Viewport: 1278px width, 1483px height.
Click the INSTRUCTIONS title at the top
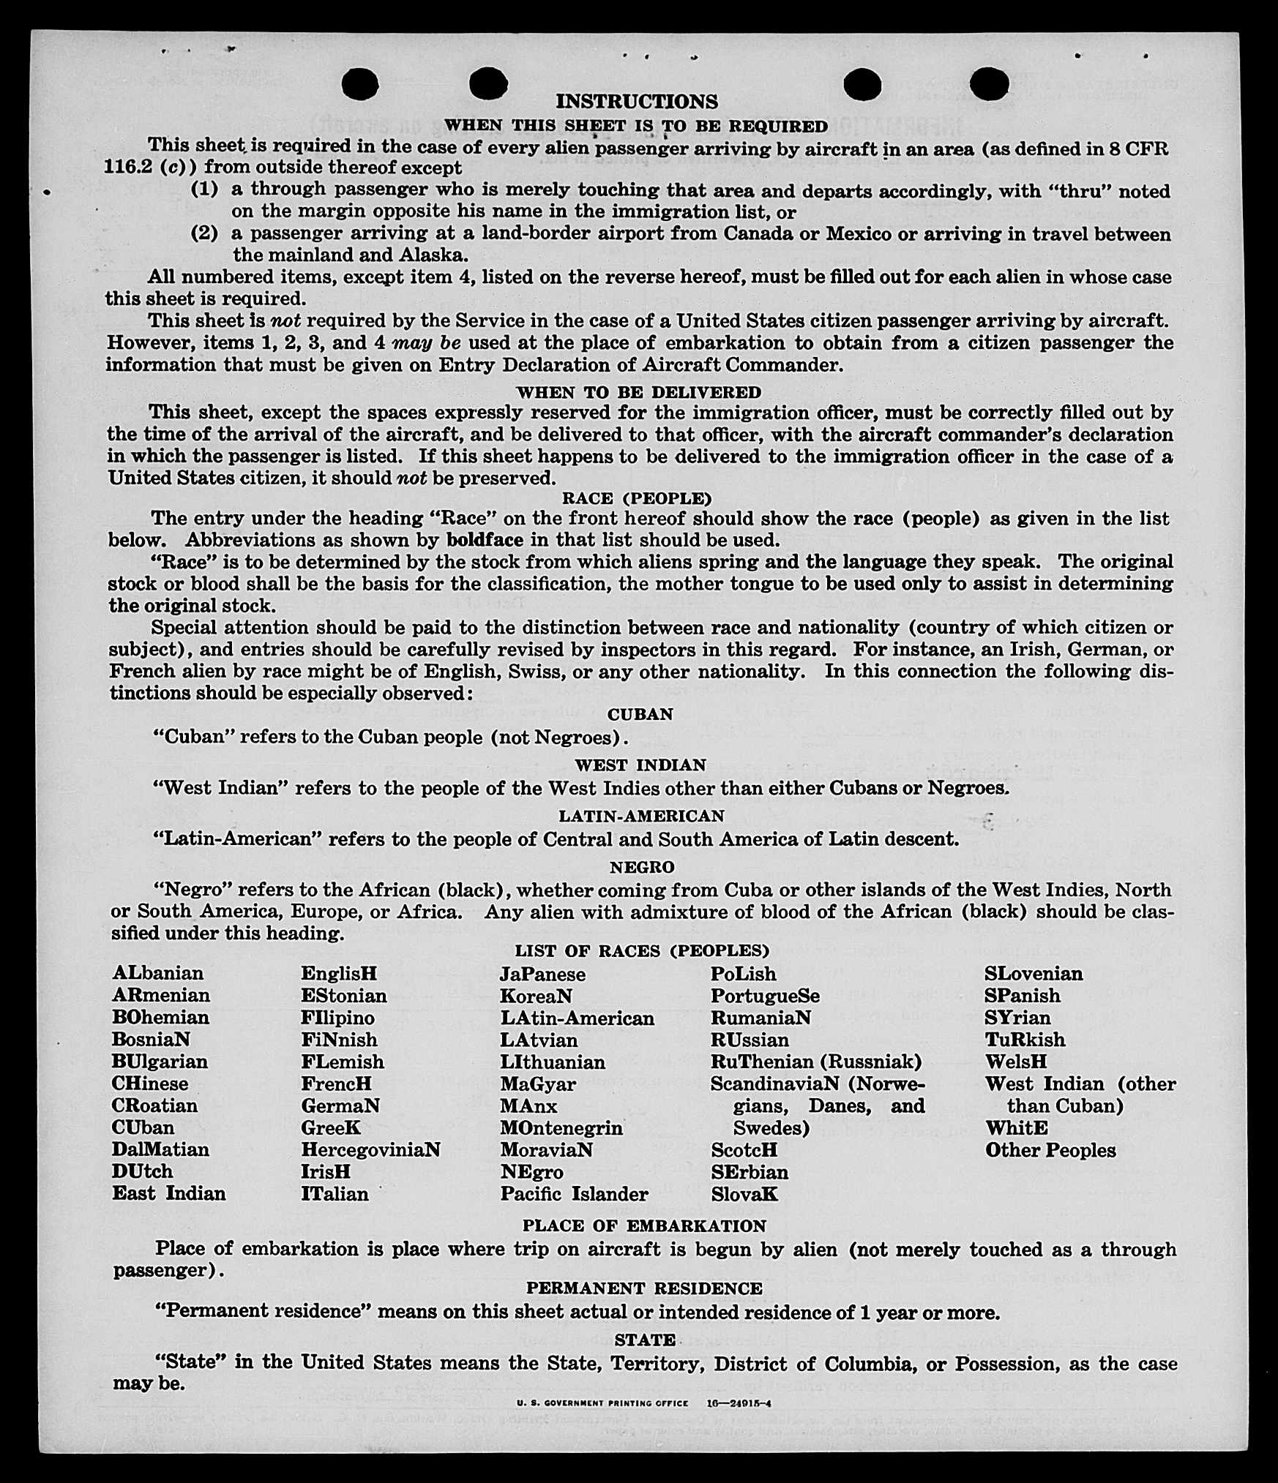pos(636,101)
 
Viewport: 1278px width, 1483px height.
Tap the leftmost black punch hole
pos(360,83)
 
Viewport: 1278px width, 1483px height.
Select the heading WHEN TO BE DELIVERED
pos(638,392)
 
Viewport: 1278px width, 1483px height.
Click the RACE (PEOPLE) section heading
pos(637,498)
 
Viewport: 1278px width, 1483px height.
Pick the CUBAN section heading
pos(640,714)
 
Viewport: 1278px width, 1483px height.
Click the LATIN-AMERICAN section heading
pos(641,816)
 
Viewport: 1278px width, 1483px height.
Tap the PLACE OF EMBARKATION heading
pos(644,1225)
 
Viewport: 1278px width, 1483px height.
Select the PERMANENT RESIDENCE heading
pos(644,1288)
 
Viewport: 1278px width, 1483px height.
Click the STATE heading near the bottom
pos(644,1340)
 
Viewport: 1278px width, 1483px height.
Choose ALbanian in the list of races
pos(158,973)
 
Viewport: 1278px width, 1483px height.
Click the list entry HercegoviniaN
pos(370,1149)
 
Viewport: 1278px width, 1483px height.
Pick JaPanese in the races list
pos(542,974)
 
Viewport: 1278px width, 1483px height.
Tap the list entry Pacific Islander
pos(574,1194)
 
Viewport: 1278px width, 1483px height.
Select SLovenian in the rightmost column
pos(1033,974)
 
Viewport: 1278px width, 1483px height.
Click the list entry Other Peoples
pos(1050,1150)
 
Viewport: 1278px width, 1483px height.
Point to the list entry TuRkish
pos(1025,1040)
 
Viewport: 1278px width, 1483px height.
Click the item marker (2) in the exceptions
pos(204,233)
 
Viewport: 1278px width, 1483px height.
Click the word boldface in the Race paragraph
pos(485,540)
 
